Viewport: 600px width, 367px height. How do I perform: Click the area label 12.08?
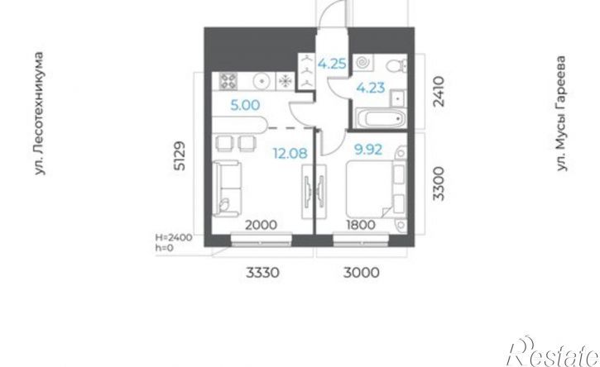[x=290, y=153]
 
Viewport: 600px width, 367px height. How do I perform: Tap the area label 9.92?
[x=368, y=150]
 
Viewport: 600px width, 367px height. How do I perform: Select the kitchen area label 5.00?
[x=245, y=105]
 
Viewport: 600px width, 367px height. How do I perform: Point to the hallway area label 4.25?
[x=332, y=64]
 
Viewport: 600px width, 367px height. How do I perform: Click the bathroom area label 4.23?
[x=371, y=88]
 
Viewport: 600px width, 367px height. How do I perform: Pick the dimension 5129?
[x=180, y=156]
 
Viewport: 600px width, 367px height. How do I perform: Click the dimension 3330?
[x=262, y=273]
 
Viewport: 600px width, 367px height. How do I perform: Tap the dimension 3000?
[x=362, y=273]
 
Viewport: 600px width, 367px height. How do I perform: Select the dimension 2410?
[x=439, y=92]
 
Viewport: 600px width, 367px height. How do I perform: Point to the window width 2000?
[x=261, y=225]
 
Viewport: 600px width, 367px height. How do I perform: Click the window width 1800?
[x=361, y=225]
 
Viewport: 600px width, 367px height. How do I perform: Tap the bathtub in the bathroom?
[x=380, y=118]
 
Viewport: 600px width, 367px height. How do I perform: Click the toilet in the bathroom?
[x=396, y=66]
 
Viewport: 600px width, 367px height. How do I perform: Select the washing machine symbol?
[x=362, y=63]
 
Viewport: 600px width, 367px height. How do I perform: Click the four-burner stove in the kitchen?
[x=228, y=81]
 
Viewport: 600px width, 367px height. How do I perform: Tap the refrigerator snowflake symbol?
[x=285, y=81]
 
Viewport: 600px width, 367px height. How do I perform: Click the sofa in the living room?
[x=228, y=188]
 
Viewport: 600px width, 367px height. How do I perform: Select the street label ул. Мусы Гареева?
[x=561, y=113]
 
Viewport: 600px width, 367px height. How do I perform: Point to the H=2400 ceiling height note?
[x=173, y=237]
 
